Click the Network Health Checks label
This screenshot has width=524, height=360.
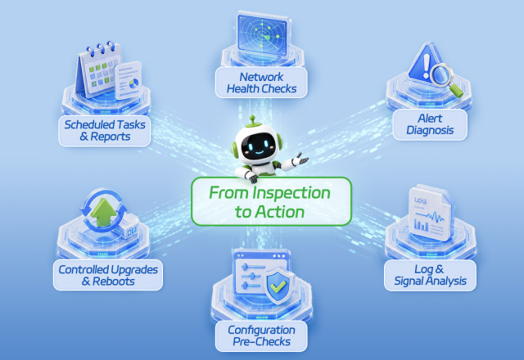point(261,83)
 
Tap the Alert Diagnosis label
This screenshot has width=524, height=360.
point(430,124)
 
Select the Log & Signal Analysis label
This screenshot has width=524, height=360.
point(430,275)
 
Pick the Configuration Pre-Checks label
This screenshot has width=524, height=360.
point(261,336)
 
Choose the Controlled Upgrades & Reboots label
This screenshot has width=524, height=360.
point(108,275)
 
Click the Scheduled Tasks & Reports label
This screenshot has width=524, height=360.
point(105,131)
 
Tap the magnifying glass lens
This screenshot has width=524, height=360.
point(441,74)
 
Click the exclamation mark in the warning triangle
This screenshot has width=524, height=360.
point(426,66)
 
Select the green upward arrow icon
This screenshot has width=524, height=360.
point(104,212)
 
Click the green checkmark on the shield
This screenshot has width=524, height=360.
point(278,286)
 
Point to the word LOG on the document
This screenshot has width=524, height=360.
point(420,200)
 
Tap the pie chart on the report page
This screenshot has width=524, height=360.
point(134,83)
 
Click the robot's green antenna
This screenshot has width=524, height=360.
point(253,120)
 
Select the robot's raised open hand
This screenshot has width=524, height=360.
point(301,159)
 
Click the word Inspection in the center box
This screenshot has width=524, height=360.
point(291,193)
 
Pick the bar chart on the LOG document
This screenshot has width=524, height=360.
point(421,224)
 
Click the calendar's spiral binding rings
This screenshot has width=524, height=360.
point(101,48)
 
